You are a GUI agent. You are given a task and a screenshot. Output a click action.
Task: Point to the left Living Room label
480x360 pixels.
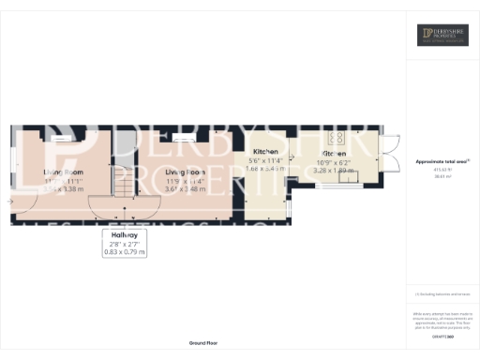click(64, 172)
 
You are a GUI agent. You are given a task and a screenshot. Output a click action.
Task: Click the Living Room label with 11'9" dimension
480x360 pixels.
click(185, 172)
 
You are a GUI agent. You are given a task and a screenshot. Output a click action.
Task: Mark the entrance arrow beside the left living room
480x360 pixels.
click(11, 201)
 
